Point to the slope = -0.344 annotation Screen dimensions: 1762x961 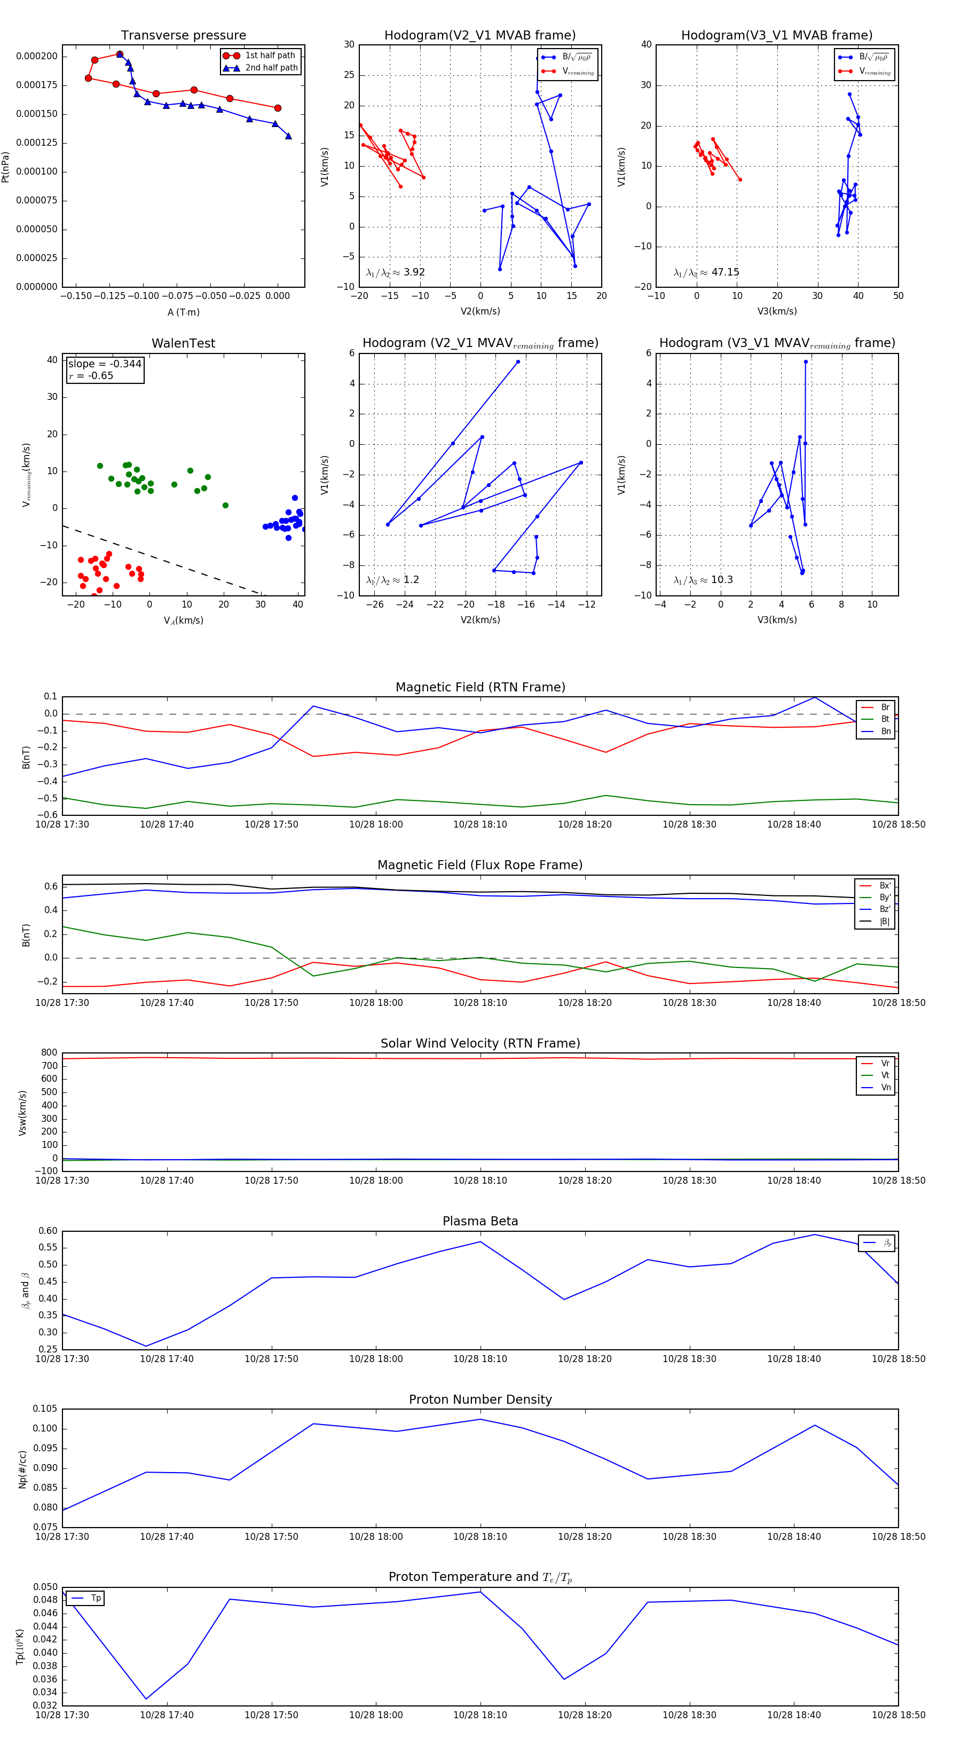pos(105,364)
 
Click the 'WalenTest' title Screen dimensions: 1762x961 pos(183,343)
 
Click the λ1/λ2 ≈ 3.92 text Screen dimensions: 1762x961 pos(395,272)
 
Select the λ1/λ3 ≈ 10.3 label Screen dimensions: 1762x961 pos(703,580)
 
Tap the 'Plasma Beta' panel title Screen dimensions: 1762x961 pos(480,1221)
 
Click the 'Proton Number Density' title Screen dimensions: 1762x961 pos(480,1399)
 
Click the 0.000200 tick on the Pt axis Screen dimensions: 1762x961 pos(37,56)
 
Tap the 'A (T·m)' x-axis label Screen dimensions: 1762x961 pos(183,312)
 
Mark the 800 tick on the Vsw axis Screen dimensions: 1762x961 pos(49,1053)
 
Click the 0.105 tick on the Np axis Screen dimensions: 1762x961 pos(45,1409)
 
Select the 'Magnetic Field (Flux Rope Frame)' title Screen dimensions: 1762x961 pos(480,866)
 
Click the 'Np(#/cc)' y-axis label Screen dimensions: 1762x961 pos(22,1469)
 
